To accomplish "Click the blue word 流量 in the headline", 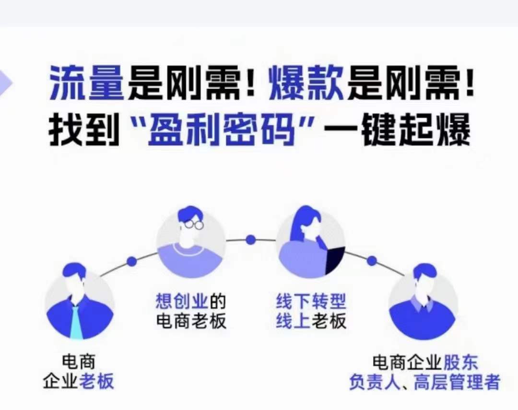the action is click(86, 82).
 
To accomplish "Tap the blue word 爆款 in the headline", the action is click(306, 82).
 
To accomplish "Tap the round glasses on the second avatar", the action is click(194, 224).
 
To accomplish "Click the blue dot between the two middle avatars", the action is click(251, 239).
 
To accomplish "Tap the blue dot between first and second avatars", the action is click(132, 261).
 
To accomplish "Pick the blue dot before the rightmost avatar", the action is click(372, 261).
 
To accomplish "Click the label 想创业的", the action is click(190, 301).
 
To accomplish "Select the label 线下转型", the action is click(311, 301).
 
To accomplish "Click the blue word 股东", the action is click(460, 363).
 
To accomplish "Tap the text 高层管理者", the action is click(456, 382).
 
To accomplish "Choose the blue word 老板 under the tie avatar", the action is click(96, 381).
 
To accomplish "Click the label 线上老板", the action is click(311, 320).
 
